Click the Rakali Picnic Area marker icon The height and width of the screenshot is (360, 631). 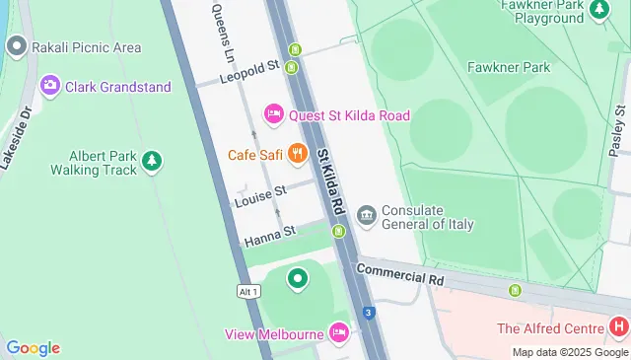point(16,46)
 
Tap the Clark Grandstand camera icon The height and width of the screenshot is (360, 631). point(49,86)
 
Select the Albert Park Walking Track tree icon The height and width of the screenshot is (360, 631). point(151,160)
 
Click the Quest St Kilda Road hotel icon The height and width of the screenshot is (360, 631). point(275,115)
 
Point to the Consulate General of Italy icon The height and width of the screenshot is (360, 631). point(367,215)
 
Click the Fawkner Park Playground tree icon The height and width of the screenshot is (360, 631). point(598,10)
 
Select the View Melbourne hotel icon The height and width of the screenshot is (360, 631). point(339,332)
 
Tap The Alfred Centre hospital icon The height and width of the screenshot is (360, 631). point(618,326)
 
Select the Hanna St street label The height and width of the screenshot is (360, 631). point(270,235)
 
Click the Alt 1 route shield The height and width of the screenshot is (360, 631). point(248,291)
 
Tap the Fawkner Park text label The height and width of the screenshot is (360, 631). point(535,68)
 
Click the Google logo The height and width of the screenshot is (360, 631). point(33,347)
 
